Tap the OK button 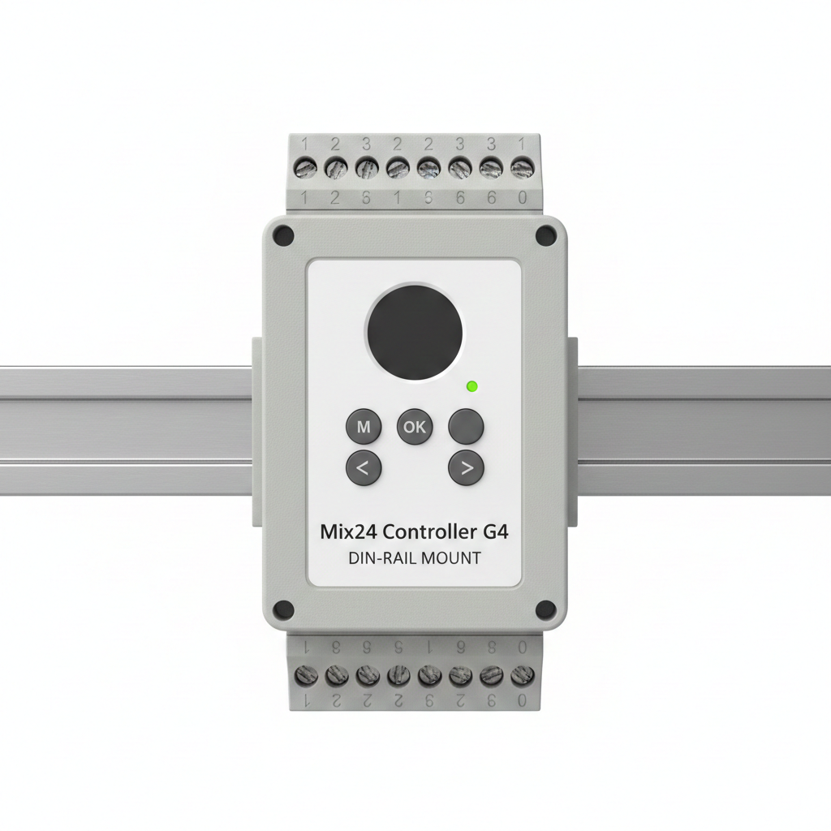(x=414, y=427)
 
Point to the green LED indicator (x=472, y=387)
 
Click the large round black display (x=415, y=332)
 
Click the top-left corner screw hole (x=282, y=235)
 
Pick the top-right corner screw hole (x=546, y=235)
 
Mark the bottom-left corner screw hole (x=282, y=609)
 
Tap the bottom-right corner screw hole (x=546, y=609)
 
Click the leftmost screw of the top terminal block (x=306, y=169)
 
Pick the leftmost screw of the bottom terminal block (x=306, y=674)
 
